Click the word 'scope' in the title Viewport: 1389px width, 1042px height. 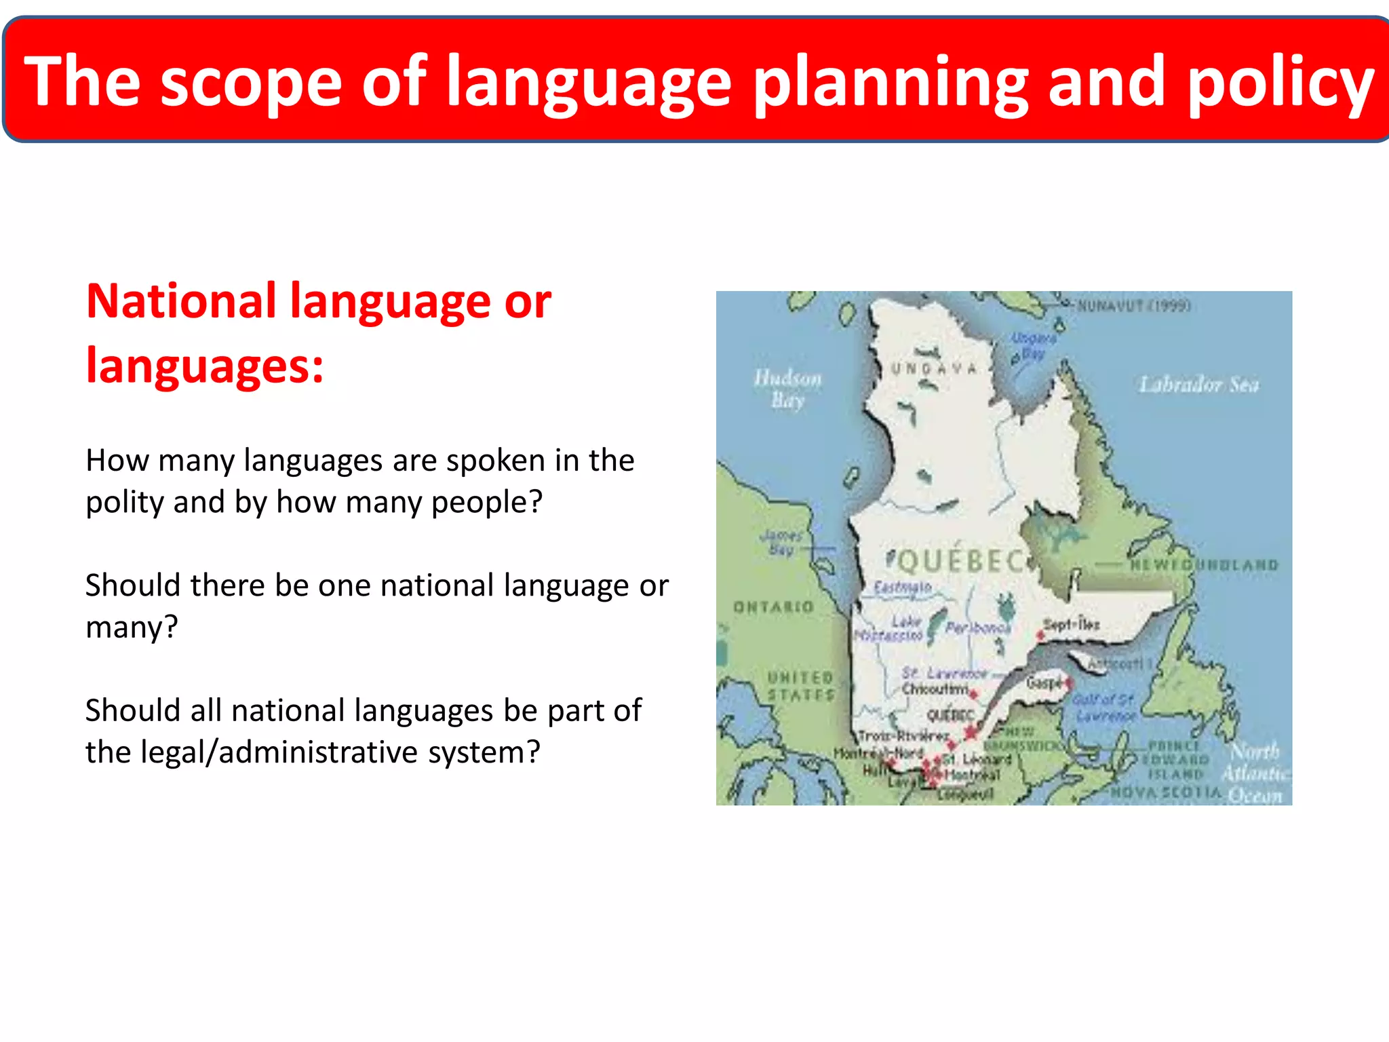coord(251,83)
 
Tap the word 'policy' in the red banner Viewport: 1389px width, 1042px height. coord(1280,83)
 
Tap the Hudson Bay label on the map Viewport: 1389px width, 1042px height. coord(787,389)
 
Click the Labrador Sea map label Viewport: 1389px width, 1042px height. coord(1198,385)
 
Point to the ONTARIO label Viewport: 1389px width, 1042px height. coord(773,606)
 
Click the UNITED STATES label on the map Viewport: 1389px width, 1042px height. coord(800,686)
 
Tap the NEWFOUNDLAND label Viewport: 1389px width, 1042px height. coord(1204,564)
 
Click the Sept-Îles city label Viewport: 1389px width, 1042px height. coord(1071,624)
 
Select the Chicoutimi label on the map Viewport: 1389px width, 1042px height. coord(935,689)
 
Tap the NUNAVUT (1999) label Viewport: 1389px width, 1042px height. coord(1134,306)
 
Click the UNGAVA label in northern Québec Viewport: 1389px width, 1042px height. coord(934,369)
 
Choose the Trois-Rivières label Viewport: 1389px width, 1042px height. coord(903,736)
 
